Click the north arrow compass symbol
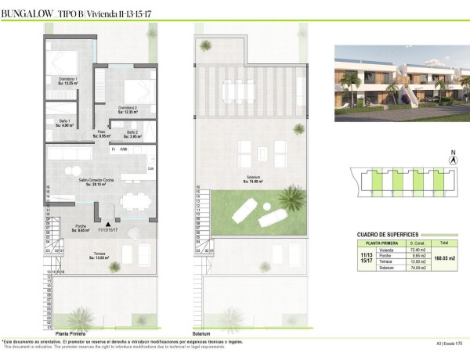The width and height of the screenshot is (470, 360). click(x=452, y=158)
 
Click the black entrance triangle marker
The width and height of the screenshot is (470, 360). click(x=97, y=208)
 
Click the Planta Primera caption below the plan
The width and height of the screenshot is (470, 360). click(x=71, y=333)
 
